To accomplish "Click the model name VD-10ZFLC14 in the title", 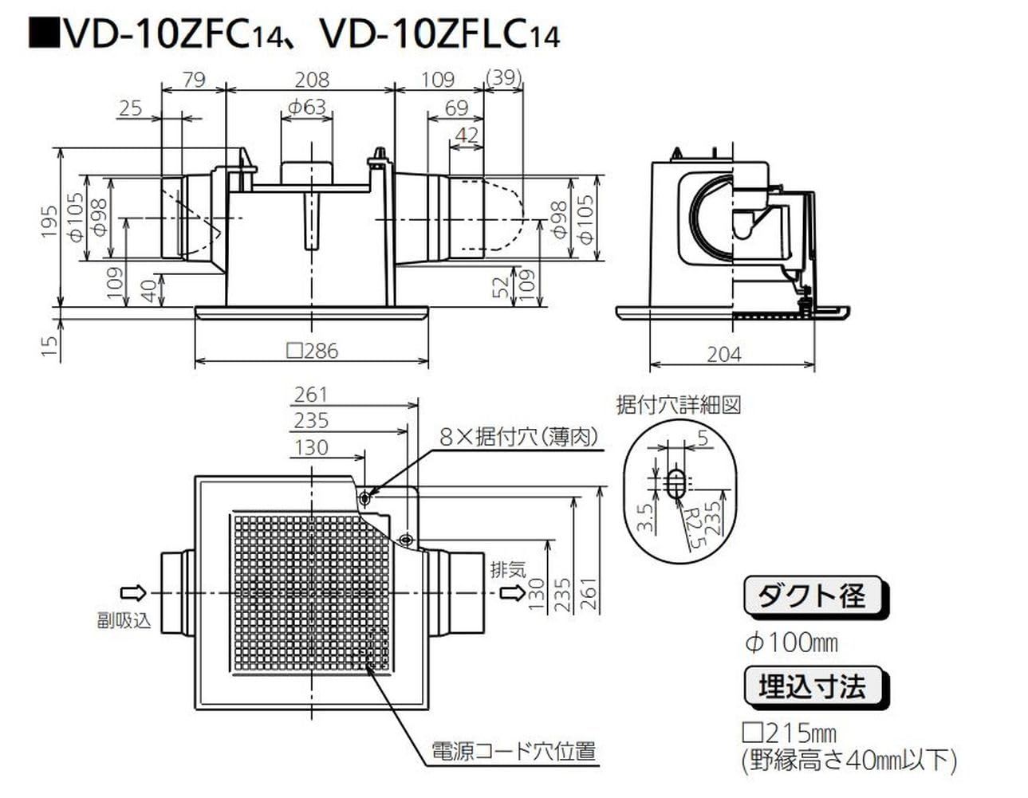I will click(438, 34).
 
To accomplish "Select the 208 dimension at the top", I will click(311, 79).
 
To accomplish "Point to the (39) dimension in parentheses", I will click(503, 77).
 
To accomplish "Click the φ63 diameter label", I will click(307, 106).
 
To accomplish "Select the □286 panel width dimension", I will click(312, 350).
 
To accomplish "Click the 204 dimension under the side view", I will click(723, 354).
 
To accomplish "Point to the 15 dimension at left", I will click(49, 344).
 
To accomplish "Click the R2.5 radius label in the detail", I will click(691, 529).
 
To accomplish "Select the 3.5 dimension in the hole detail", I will click(646, 517).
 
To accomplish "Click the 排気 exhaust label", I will click(508, 570).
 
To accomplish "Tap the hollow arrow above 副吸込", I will click(132, 592).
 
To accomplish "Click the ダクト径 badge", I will click(811, 596).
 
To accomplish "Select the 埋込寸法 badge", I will click(811, 686).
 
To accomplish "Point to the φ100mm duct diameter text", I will click(790, 642).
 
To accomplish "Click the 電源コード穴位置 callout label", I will click(514, 751).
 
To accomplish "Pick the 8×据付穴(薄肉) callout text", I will click(518, 436).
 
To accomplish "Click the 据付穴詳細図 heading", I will click(679, 404).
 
